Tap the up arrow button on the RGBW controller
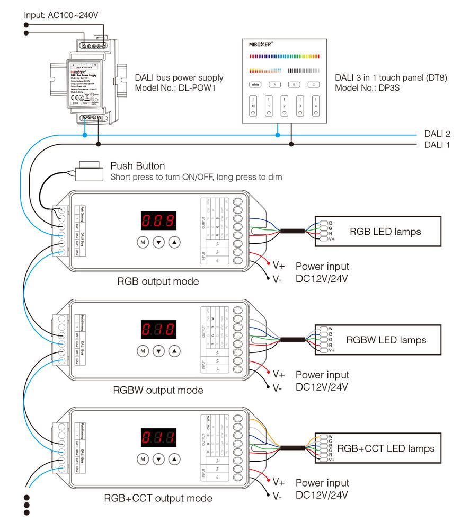(174, 350)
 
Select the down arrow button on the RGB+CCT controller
(159, 458)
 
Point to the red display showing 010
(158, 329)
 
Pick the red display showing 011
(158, 437)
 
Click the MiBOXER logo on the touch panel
(261, 45)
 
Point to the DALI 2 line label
(437, 134)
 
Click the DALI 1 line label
(437, 144)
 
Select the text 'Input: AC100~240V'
(61, 15)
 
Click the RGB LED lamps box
(378, 231)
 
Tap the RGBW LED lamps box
(378, 340)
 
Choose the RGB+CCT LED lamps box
(378, 448)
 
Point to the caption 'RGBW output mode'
(158, 390)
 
